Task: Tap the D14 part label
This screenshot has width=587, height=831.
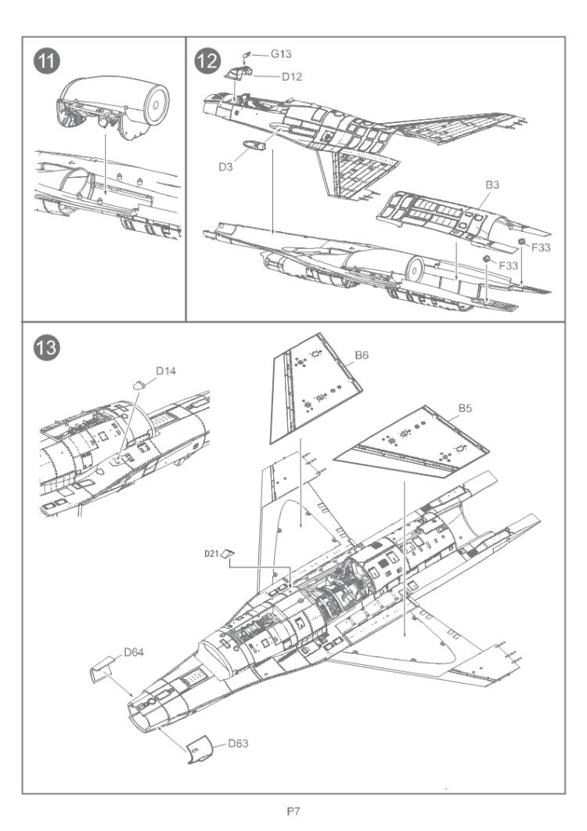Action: click(167, 370)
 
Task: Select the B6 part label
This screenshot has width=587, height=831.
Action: click(361, 355)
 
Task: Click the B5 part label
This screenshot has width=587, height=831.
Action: click(466, 409)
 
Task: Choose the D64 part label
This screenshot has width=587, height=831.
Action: click(135, 652)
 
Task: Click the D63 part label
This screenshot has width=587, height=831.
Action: click(239, 743)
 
